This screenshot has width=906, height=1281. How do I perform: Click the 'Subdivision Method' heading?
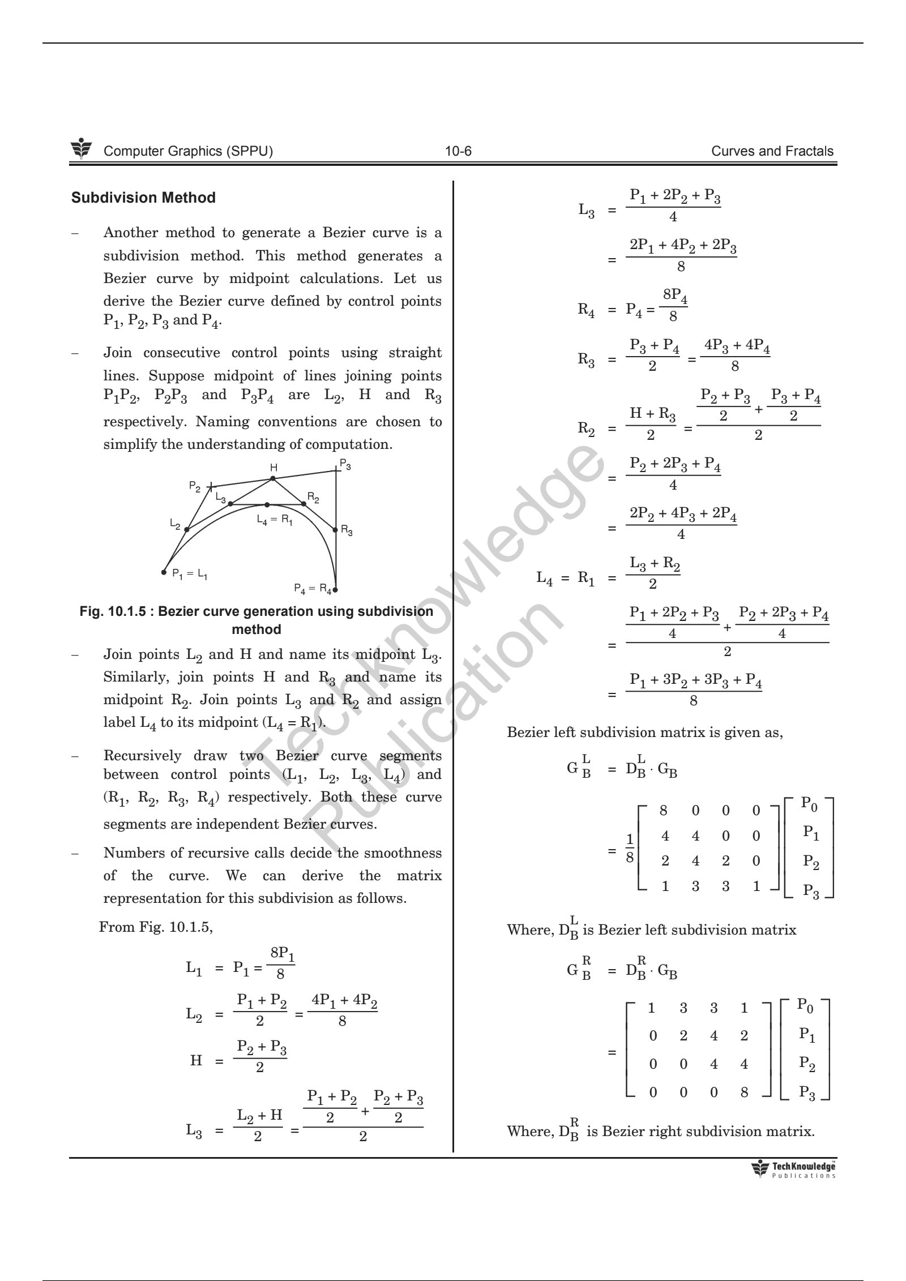pyautogui.click(x=143, y=198)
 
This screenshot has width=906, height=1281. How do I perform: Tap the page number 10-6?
pyautogui.click(x=458, y=151)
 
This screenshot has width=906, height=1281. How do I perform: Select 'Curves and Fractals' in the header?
pyautogui.click(x=772, y=151)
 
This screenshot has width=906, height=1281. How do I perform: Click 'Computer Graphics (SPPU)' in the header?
pyautogui.click(x=189, y=151)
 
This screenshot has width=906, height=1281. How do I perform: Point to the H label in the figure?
pyautogui.click(x=273, y=468)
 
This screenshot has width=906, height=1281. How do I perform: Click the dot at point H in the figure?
pyautogui.click(x=272, y=478)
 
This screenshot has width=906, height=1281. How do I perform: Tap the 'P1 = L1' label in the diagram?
pyautogui.click(x=190, y=574)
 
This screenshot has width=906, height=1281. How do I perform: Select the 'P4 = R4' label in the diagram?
pyautogui.click(x=313, y=588)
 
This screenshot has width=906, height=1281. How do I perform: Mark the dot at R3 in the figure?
pyautogui.click(x=335, y=528)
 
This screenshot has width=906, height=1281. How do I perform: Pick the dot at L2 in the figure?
pyautogui.click(x=187, y=529)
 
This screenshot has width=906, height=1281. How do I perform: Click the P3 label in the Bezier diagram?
pyautogui.click(x=345, y=466)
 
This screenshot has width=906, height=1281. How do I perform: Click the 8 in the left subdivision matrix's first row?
pyautogui.click(x=664, y=811)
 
